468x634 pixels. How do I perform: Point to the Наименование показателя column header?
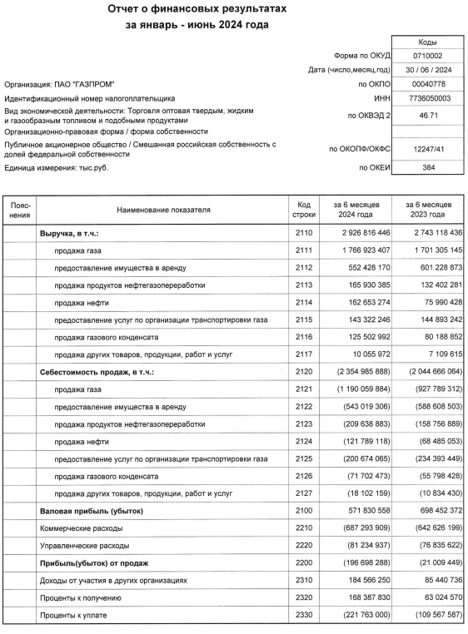click(163, 211)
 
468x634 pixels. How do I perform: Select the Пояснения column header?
click(21, 210)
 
